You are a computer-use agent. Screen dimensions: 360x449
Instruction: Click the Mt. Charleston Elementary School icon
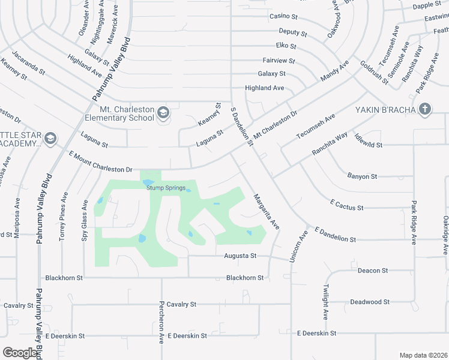pyautogui.click(x=163, y=112)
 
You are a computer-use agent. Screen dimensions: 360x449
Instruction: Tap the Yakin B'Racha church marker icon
pyautogui.click(x=425, y=109)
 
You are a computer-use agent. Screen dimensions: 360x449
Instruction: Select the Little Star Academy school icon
pyautogui.click(x=50, y=139)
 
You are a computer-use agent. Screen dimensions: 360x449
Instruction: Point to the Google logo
pyautogui.click(x=20, y=352)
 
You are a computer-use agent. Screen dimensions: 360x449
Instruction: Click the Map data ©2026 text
pyautogui.click(x=423, y=355)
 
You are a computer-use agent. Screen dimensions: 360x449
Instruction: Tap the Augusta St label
pyautogui.click(x=241, y=256)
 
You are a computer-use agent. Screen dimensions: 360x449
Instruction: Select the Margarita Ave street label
pyautogui.click(x=267, y=211)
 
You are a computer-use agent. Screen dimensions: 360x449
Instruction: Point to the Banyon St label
pyautogui.click(x=362, y=176)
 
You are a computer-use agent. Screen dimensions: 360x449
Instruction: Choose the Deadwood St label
pyautogui.click(x=370, y=302)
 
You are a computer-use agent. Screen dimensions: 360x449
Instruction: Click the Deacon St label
pyautogui.click(x=372, y=271)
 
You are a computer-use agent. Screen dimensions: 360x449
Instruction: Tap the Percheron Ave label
pyautogui.click(x=161, y=322)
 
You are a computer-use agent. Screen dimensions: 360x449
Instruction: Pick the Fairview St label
pyautogui.click(x=279, y=61)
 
